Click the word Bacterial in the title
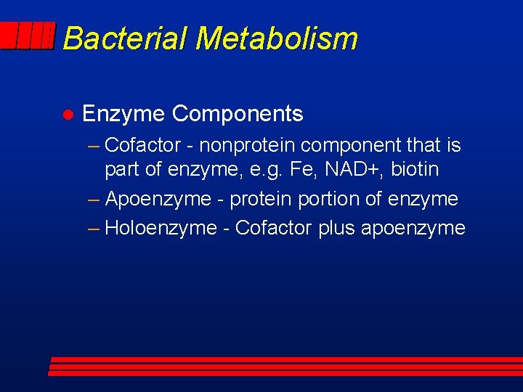(125, 38)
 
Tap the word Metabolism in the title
(276, 38)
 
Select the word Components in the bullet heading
(238, 114)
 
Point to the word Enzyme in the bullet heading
(123, 114)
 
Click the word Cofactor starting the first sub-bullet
(142, 145)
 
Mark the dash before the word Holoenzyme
(93, 228)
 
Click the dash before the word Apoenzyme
(93, 199)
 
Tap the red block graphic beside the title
(28, 36)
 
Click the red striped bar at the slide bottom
(283, 366)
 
